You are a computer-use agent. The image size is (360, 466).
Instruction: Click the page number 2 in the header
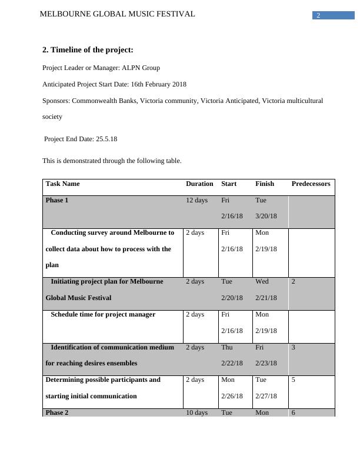(318, 15)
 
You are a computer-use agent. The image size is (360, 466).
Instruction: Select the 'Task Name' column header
(62, 184)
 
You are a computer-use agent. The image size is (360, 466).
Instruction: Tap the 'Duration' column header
(199, 184)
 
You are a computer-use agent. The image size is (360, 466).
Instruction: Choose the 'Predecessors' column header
(311, 184)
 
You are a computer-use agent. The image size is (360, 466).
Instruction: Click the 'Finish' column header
(265, 184)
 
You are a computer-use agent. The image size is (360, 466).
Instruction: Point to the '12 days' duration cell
(196, 201)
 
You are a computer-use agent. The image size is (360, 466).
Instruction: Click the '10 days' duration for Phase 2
(196, 412)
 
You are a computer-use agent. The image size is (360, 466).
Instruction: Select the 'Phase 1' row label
(57, 201)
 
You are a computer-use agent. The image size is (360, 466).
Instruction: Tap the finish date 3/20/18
(266, 217)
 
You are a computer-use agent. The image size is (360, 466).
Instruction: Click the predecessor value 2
(294, 282)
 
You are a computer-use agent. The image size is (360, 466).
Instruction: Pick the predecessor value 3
(294, 347)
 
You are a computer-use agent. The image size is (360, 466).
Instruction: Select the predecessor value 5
(294, 380)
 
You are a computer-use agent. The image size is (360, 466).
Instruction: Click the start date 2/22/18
(232, 363)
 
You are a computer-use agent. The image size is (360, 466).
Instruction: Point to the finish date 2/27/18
(266, 396)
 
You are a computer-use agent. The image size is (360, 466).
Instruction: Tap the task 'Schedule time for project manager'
(103, 315)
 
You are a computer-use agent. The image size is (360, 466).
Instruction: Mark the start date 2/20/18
(232, 298)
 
